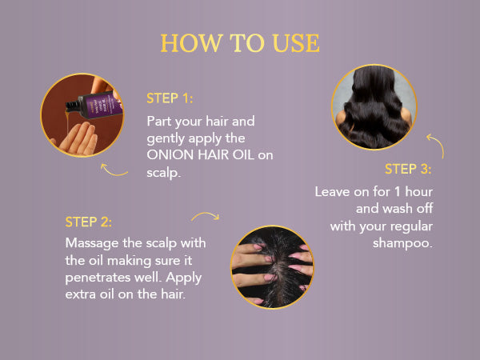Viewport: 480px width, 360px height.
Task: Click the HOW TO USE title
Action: pos(240,43)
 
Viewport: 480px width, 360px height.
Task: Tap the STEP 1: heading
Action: pos(170,98)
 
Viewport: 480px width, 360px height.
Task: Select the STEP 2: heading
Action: pos(88,222)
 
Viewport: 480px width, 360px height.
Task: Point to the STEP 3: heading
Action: pos(408,169)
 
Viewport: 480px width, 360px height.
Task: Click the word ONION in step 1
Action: pos(170,155)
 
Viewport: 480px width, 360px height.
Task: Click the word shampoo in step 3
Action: pos(402,243)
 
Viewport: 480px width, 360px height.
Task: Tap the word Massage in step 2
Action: pos(92,244)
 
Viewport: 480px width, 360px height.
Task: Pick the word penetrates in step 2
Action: pos(98,278)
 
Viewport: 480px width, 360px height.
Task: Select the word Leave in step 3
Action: pos(332,192)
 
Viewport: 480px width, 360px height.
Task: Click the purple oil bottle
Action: pos(98,106)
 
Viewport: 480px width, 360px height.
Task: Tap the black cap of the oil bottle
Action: pos(73,106)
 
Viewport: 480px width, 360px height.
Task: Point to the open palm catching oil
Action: pos(77,138)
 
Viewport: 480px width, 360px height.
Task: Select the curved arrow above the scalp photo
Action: pos(206,214)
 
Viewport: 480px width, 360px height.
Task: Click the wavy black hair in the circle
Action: pos(374,107)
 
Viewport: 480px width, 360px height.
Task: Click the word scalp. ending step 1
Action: pos(163,173)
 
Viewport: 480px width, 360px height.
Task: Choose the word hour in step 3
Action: pos(418,192)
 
